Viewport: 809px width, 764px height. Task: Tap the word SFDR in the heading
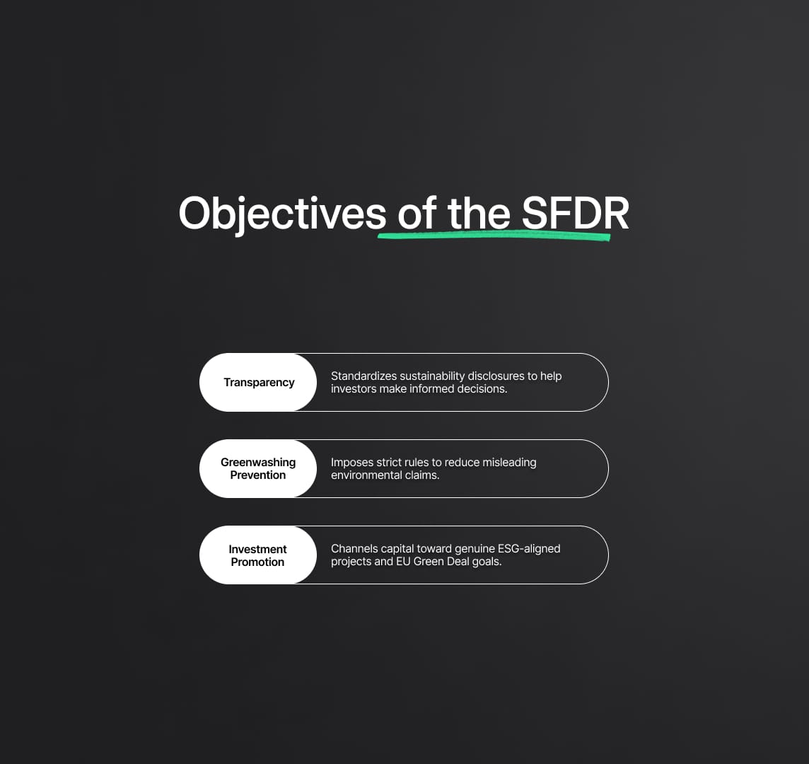(x=575, y=213)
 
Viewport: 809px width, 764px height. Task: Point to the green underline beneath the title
(x=494, y=236)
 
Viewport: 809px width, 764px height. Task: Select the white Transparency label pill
(x=258, y=383)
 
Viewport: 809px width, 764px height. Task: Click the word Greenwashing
(x=258, y=463)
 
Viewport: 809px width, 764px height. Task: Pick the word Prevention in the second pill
(x=258, y=475)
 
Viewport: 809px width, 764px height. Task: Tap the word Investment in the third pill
(x=257, y=549)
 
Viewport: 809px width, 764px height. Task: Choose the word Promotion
(x=257, y=562)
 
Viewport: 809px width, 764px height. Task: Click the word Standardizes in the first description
(x=363, y=376)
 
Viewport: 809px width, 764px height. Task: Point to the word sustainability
(x=432, y=376)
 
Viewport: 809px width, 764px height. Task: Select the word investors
(x=354, y=388)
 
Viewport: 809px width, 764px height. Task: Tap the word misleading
(x=509, y=463)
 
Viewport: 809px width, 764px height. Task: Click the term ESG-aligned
(x=529, y=549)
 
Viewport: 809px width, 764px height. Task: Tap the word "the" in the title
(x=479, y=213)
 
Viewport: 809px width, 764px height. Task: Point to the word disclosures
(x=495, y=376)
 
